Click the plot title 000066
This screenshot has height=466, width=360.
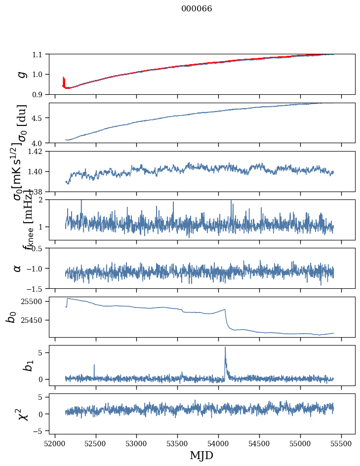(x=197, y=9)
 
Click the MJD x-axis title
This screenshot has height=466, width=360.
(x=201, y=456)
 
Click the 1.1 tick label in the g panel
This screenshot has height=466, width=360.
(x=38, y=54)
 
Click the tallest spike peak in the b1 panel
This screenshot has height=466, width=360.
(x=225, y=347)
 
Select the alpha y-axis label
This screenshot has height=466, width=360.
(x=17, y=268)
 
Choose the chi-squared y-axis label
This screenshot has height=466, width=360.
(x=22, y=414)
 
